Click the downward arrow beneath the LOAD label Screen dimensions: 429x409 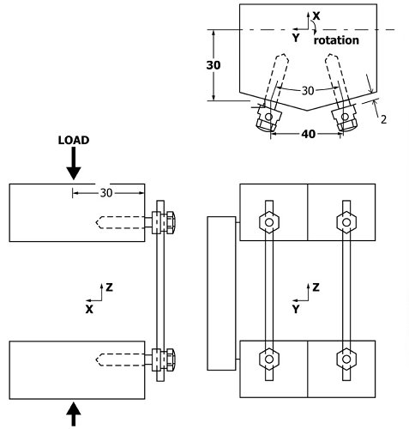pyautogui.click(x=74, y=162)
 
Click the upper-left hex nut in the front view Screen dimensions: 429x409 pyautogui.click(x=269, y=223)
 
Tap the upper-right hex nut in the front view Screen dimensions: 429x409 pyautogui.click(x=346, y=223)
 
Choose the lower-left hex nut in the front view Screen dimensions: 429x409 pyautogui.click(x=269, y=358)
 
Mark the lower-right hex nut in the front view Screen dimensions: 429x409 pyautogui.click(x=346, y=358)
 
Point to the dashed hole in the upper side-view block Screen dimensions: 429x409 pyautogui.click(x=120, y=222)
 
